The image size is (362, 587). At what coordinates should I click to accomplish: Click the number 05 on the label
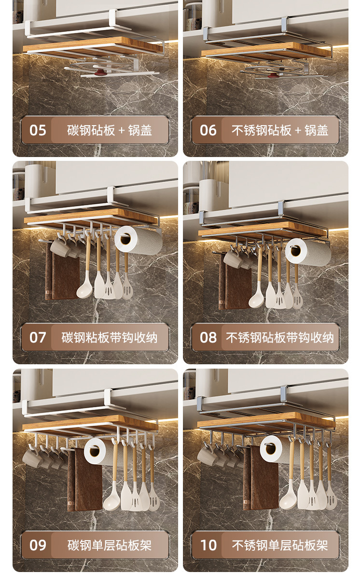coord(38,130)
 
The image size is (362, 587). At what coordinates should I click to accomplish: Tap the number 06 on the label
coord(209,130)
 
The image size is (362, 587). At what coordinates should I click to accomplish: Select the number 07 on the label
coord(38,338)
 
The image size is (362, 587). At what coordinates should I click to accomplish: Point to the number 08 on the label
coord(209,338)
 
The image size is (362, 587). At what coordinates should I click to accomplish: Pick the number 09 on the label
coord(38,545)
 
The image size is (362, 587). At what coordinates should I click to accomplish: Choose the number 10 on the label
coord(209,545)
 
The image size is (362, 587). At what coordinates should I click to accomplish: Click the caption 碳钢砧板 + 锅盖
coord(110,130)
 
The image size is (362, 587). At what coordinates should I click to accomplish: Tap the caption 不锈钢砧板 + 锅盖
coord(280,130)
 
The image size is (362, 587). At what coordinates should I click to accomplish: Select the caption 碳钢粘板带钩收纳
coord(110,338)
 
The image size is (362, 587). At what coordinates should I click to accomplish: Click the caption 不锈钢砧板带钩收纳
coord(280,338)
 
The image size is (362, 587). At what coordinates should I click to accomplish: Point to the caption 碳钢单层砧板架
coord(110,545)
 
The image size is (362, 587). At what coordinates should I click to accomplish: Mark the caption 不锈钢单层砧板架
coord(280,545)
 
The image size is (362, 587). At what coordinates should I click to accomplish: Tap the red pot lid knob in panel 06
coord(273,76)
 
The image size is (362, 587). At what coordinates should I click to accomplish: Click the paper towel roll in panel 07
coord(138,240)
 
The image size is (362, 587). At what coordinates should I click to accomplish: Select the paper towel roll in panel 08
coord(307,252)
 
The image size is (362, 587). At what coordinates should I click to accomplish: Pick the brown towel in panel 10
coord(261,478)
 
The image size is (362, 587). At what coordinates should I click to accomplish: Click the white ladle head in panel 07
coord(84,289)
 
